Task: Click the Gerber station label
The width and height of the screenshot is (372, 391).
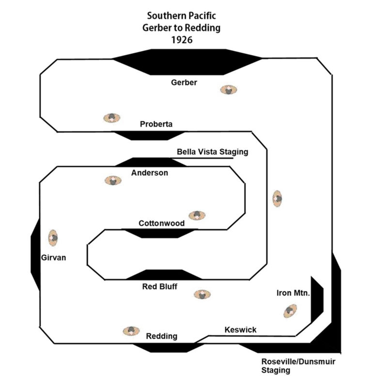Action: click(x=184, y=82)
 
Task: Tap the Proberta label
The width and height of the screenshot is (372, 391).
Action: click(x=156, y=124)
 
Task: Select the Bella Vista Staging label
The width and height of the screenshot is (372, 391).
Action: click(x=213, y=152)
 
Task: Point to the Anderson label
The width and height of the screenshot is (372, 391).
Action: click(x=150, y=173)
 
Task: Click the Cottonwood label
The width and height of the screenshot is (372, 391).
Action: click(x=162, y=223)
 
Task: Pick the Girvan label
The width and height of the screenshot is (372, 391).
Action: click(x=53, y=258)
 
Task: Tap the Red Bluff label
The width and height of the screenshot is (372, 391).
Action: click(x=159, y=286)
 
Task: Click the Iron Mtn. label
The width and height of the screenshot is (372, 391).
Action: click(x=293, y=293)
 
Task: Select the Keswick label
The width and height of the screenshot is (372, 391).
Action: click(x=240, y=329)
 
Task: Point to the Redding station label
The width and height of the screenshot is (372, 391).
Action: click(x=162, y=336)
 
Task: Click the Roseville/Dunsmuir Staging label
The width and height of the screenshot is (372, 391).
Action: click(x=298, y=366)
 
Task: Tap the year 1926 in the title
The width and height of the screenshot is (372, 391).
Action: click(x=182, y=40)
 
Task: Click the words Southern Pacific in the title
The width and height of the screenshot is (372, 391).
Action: click(x=181, y=16)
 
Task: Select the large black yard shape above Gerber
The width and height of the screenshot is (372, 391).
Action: click(x=187, y=62)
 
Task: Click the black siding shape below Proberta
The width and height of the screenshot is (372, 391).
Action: click(x=150, y=135)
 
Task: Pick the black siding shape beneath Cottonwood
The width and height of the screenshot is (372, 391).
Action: click(x=159, y=234)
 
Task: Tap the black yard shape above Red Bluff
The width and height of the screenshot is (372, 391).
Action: click(x=164, y=275)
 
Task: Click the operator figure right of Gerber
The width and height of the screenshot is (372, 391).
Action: click(x=229, y=90)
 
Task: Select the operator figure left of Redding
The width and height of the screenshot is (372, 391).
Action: click(x=131, y=331)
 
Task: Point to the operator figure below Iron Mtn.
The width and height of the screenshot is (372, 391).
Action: click(x=290, y=311)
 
